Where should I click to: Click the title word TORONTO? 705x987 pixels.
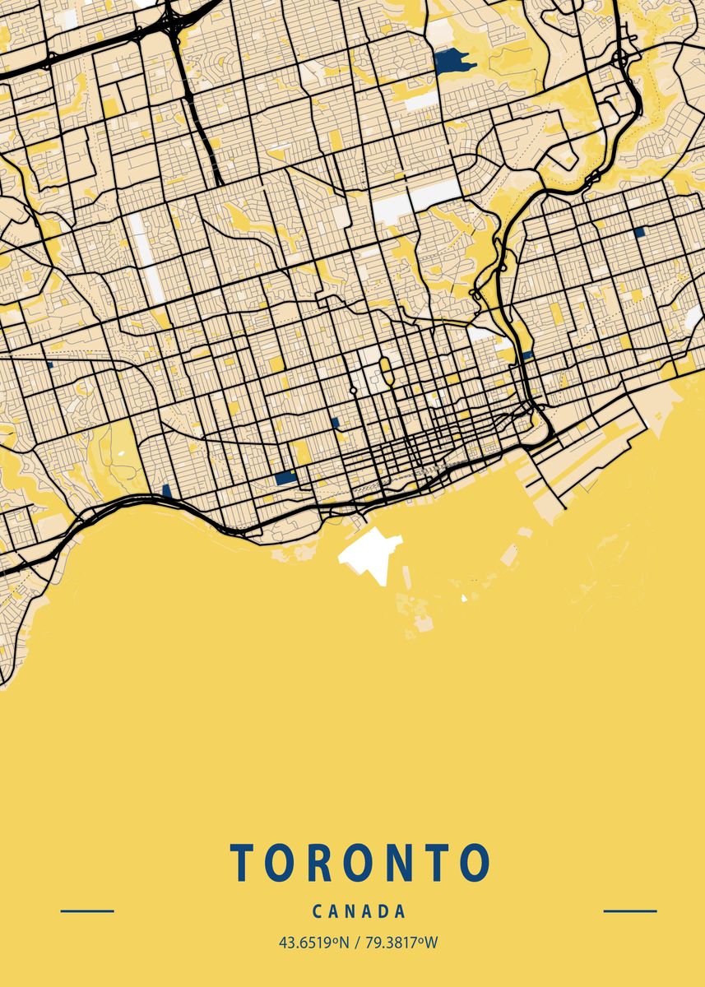tap(359, 863)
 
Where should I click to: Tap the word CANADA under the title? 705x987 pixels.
tap(359, 911)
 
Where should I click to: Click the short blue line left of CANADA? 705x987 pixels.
tap(87, 911)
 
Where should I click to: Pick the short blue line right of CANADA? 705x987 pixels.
tap(630, 911)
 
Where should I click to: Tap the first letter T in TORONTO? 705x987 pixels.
tap(243, 863)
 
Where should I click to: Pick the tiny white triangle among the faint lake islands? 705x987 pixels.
tap(464, 598)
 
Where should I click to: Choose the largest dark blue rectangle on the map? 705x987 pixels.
tap(285, 477)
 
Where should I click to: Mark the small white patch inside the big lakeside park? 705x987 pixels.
tap(122, 452)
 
